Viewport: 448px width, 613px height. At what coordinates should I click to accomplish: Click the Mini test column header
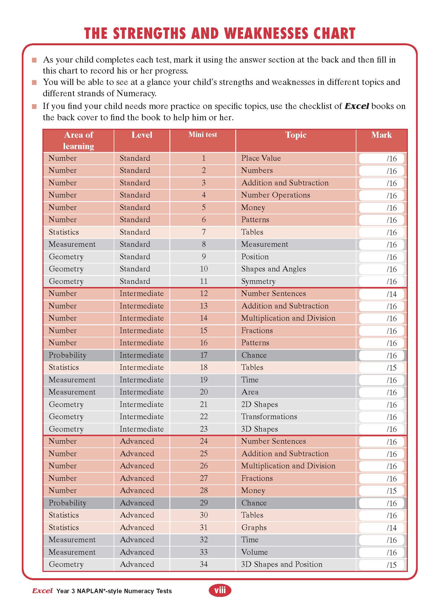203,135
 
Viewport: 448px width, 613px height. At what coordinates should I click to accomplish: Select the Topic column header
296,135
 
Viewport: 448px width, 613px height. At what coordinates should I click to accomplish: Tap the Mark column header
382,135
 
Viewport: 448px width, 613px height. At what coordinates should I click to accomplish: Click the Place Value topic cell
261,158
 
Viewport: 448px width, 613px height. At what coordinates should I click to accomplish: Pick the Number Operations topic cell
275,195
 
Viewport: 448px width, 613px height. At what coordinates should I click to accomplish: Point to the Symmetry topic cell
258,281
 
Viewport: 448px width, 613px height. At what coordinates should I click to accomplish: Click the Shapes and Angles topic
273,269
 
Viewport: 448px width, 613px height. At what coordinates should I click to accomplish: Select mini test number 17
204,355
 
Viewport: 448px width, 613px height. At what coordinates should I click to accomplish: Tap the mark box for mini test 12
381,294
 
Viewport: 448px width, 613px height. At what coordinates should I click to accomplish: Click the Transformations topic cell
269,417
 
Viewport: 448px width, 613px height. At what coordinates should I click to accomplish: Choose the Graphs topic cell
254,528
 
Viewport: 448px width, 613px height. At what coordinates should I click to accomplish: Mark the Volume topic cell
254,552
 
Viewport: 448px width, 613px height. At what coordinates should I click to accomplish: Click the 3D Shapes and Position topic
281,564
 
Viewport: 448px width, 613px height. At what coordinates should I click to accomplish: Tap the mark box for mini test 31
381,528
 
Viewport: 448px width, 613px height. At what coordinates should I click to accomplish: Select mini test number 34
204,564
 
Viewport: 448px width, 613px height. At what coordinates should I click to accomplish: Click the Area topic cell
250,392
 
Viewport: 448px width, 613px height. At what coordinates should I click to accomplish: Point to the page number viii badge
220,590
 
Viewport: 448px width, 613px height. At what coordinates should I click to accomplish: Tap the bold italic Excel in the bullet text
357,106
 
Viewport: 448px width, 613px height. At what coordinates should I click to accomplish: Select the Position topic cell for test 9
255,257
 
